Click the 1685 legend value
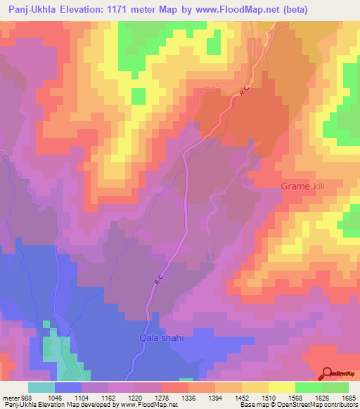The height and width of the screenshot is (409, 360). click(347, 397)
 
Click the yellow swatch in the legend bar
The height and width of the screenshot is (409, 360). click(281, 387)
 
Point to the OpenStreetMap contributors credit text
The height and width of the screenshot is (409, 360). click(319, 405)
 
